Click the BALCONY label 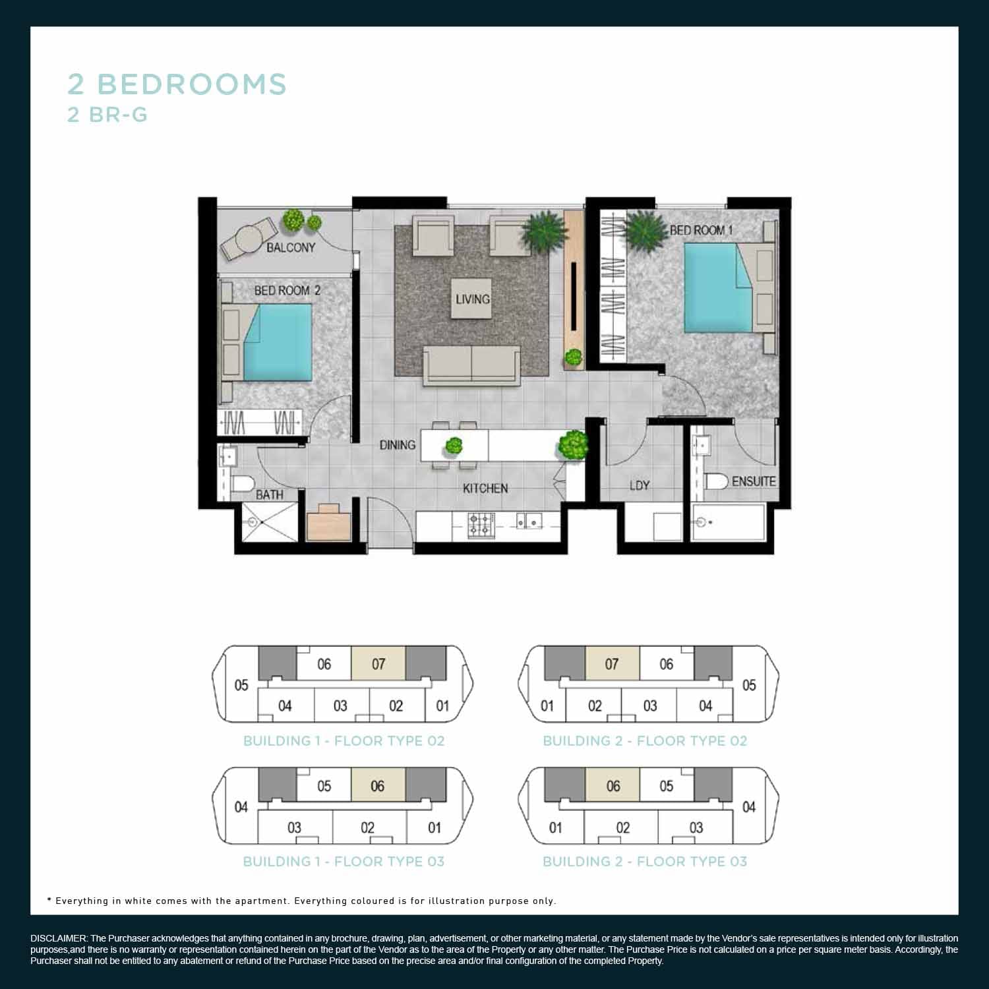291,248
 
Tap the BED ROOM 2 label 287,291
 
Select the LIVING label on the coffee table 473,299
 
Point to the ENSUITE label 754,481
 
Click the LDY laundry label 640,486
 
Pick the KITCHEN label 485,489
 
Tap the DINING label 398,445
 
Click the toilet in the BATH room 242,484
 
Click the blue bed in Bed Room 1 719,288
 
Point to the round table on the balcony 249,240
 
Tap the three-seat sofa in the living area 471,365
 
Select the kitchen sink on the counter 529,522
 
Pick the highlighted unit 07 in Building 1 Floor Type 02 378,663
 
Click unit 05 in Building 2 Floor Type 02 749,685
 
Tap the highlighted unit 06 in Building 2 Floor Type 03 613,785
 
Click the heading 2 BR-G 107,115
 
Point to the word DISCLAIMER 59,938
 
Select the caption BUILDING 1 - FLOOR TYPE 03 344,862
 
